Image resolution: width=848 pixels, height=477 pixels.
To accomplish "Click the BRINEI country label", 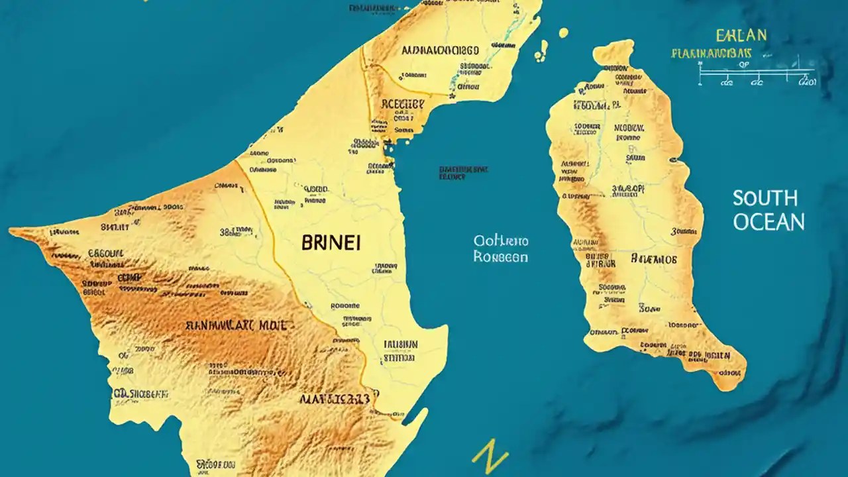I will (x=331, y=243).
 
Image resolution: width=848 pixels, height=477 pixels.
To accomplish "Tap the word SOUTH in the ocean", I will (x=765, y=198).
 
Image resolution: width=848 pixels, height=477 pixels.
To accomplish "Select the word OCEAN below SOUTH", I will (x=768, y=222).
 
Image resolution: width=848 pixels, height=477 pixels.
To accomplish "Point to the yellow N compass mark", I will (x=490, y=458).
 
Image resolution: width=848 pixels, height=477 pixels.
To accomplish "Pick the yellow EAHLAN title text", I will (x=741, y=35).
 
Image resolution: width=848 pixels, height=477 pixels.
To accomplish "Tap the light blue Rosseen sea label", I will (x=501, y=257).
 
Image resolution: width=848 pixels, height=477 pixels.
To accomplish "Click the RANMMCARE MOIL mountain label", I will (x=236, y=325).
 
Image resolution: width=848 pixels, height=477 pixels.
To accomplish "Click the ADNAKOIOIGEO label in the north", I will (x=439, y=50).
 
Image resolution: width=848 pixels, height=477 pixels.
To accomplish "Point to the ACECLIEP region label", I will (x=402, y=104).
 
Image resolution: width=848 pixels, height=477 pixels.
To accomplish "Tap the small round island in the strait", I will (x=563, y=32).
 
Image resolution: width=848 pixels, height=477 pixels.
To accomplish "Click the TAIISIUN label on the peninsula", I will (x=400, y=344).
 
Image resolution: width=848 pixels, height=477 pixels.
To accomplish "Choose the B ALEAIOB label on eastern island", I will (x=654, y=259).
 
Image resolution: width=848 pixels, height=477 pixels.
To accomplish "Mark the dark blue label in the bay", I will (x=463, y=173).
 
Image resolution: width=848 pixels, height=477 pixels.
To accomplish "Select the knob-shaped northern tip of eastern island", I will (x=613, y=53).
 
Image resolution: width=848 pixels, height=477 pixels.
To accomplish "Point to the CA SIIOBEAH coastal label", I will (x=140, y=394).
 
